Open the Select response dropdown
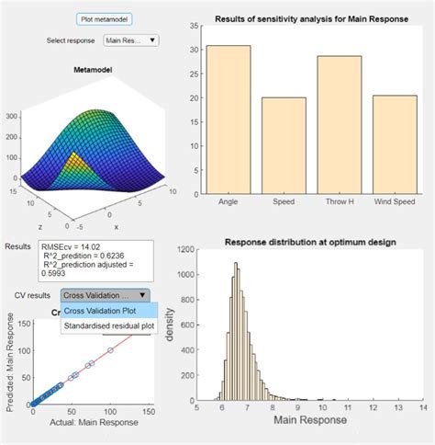click(131, 40)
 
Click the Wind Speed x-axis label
click(396, 202)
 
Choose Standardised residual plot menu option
click(106, 325)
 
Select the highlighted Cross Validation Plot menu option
click(101, 311)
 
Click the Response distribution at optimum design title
click(310, 242)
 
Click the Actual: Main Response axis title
click(84, 422)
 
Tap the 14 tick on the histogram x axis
click(423, 406)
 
